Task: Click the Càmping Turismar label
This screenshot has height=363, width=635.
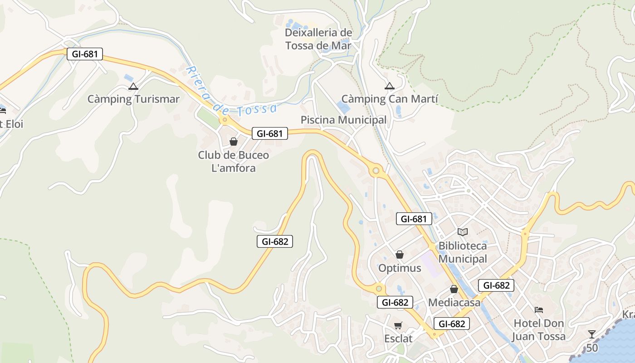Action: (x=133, y=99)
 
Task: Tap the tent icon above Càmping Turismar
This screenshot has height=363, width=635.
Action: (x=133, y=86)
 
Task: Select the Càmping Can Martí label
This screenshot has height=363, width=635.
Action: (x=390, y=99)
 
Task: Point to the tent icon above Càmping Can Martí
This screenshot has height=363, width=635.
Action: (x=389, y=86)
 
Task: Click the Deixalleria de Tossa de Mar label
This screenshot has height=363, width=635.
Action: (x=318, y=39)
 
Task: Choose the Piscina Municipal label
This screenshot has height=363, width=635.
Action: (x=344, y=120)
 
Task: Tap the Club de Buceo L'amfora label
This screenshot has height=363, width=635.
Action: (x=234, y=162)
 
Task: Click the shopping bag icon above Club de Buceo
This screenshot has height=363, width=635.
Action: (x=234, y=142)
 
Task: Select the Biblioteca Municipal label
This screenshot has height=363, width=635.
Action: (x=463, y=252)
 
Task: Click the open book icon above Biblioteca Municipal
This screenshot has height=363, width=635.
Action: (x=463, y=232)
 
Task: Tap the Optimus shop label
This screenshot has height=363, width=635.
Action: (x=400, y=268)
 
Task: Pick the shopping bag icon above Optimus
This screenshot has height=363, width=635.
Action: (x=400, y=254)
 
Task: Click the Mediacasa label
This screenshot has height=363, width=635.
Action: (x=454, y=302)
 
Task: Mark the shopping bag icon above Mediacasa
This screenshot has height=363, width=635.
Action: (x=454, y=289)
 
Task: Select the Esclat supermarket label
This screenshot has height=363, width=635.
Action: (x=398, y=338)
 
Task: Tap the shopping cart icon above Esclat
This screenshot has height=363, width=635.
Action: (x=398, y=325)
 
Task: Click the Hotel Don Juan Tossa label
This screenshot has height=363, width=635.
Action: (x=539, y=330)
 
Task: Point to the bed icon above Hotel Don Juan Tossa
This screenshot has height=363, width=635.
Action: (x=539, y=310)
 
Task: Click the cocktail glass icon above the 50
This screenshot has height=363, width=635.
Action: (x=592, y=334)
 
